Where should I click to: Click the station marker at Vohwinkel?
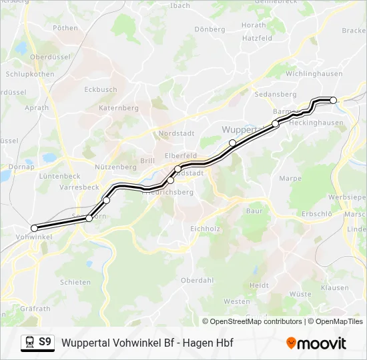pos(35,228)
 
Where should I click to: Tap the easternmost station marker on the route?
pos(334,100)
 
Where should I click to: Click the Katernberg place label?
pos(118,107)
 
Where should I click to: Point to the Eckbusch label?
pos(101,89)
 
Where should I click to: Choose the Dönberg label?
pos(210,29)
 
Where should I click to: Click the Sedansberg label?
pos(276,95)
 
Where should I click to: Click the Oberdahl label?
pos(197,280)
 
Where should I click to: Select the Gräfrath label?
pos(35,309)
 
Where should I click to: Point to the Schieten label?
pos(75,282)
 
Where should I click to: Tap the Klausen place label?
pos(334,288)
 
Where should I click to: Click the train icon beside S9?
pos(29,343)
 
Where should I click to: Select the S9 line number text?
pos(45,343)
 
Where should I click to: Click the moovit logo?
pos(316,343)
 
